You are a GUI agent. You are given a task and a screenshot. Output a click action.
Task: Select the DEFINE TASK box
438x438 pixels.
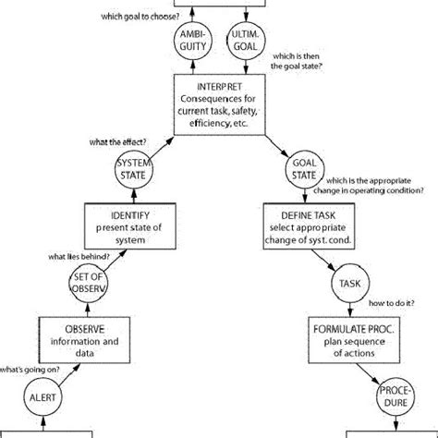[306, 227]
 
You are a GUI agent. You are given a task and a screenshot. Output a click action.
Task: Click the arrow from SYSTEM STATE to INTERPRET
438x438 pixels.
[154, 148]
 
